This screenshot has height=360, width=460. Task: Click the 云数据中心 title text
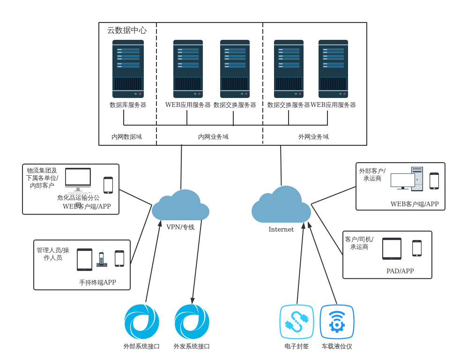point(127,30)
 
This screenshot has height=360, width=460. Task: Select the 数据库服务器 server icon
point(128,69)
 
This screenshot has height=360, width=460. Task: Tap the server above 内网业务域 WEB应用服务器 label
point(188,69)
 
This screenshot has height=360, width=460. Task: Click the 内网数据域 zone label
point(126,137)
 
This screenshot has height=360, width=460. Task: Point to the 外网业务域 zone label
point(313,137)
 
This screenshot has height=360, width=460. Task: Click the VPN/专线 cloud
point(181,206)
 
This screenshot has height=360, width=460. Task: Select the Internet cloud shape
point(281,206)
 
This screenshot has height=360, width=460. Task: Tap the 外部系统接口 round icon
point(141,322)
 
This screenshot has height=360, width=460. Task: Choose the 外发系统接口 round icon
point(192,322)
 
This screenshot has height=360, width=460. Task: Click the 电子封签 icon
point(297,322)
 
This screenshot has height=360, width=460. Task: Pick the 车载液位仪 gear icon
point(337,322)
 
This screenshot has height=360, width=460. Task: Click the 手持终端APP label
point(97,283)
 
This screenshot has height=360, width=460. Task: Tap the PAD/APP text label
point(400,271)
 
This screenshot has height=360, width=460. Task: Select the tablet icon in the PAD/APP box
point(392,248)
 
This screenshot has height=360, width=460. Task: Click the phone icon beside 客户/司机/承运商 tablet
point(417,248)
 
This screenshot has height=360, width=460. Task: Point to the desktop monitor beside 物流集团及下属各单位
point(78,180)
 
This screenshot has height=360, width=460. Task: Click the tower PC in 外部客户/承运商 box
point(417,179)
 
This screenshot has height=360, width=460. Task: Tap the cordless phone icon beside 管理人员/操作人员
point(102,259)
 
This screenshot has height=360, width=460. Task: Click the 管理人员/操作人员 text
point(53,254)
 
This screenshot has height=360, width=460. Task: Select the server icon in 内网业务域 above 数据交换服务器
point(235,69)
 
